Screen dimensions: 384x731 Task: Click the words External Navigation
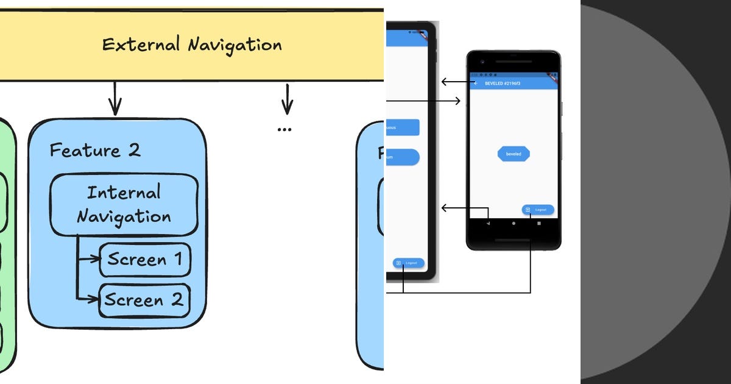[x=192, y=45]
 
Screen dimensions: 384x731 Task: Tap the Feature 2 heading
[x=95, y=151]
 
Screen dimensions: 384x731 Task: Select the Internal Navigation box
[x=124, y=205]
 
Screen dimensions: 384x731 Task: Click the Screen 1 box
[x=145, y=260]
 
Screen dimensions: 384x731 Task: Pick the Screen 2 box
[x=144, y=300]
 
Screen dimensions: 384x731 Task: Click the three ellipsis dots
[x=284, y=129]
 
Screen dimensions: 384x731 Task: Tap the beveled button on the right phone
[x=514, y=154]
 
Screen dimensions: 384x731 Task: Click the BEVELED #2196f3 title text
[x=503, y=83]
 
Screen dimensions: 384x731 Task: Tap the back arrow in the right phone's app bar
[x=476, y=83]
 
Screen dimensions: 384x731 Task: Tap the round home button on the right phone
[x=514, y=224]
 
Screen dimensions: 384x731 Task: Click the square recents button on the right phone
[x=539, y=224]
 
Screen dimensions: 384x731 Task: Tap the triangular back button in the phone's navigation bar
[x=488, y=224]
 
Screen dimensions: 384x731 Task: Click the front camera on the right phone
[x=481, y=62]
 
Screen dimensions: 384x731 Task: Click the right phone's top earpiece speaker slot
[x=514, y=62]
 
